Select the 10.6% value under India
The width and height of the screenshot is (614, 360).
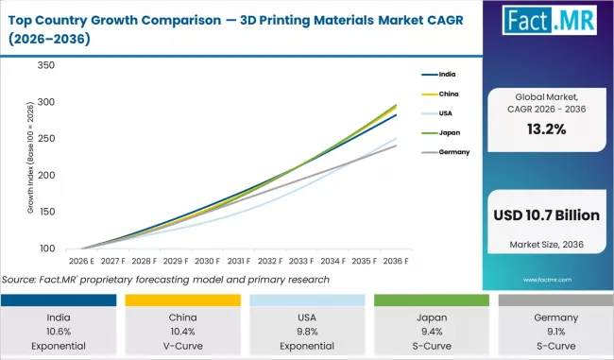tap(59, 332)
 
